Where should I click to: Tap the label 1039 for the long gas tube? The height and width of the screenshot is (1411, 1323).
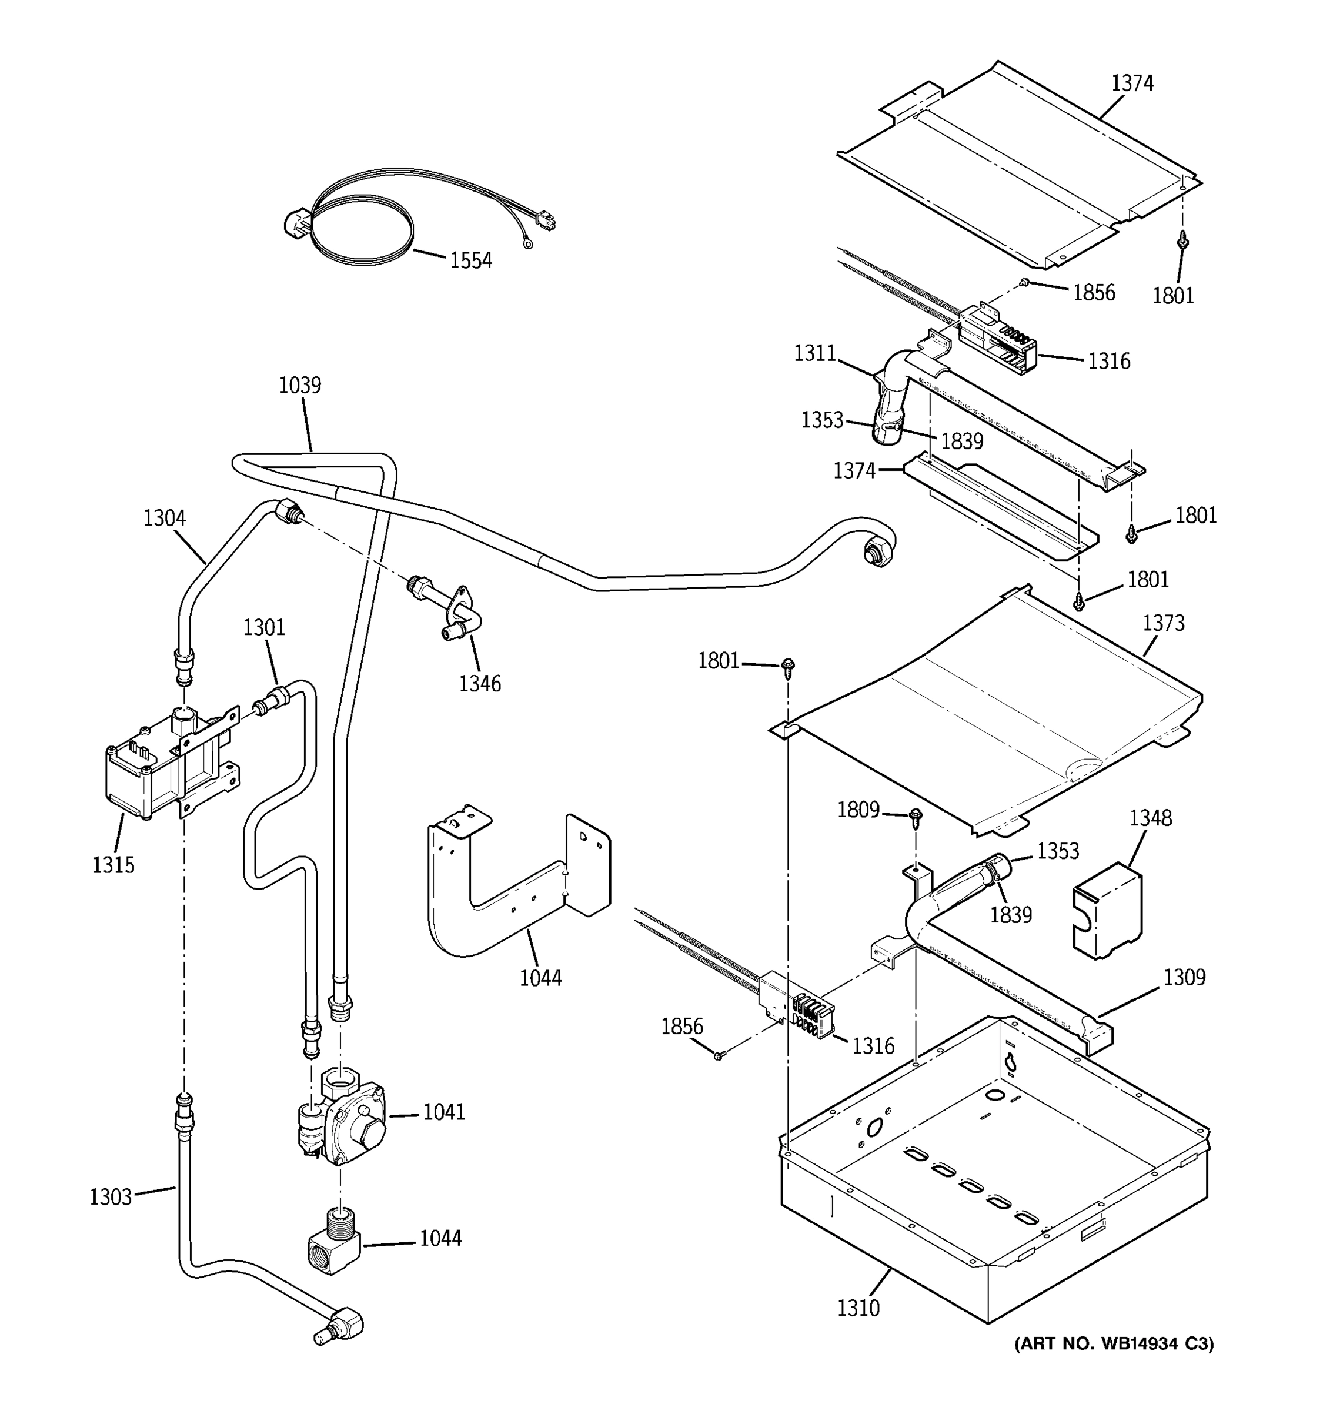[299, 386]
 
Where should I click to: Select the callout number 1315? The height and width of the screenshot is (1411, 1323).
[113, 864]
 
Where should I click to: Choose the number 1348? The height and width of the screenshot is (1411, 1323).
[1151, 818]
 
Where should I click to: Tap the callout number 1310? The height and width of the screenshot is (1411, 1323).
[858, 1308]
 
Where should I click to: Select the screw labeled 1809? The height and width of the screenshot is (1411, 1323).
[915, 818]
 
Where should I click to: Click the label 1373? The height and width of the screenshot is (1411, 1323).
[1163, 623]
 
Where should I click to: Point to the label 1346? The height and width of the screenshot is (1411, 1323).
[480, 684]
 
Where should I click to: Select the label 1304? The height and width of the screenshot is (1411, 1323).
[164, 518]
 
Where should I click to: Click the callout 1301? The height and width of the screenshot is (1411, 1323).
[264, 627]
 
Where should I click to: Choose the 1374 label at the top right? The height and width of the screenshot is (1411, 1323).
[1132, 83]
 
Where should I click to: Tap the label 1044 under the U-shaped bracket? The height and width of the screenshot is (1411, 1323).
[540, 978]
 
